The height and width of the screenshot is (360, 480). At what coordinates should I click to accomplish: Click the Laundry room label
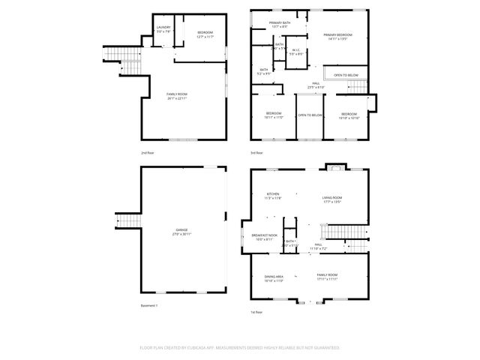tap(163, 29)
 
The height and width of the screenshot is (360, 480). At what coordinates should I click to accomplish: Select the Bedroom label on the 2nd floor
tap(205, 34)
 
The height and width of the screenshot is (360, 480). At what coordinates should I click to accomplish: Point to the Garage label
tap(182, 231)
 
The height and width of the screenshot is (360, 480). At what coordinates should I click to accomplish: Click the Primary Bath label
tap(280, 24)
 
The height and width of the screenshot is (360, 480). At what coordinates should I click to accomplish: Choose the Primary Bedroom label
tap(338, 37)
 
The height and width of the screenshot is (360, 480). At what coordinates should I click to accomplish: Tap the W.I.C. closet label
tap(297, 52)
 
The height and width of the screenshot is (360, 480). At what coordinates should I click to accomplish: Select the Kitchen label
tap(272, 196)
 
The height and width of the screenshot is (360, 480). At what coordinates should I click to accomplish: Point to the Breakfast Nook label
tap(262, 238)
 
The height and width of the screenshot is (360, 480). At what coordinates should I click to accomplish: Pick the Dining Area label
tap(274, 278)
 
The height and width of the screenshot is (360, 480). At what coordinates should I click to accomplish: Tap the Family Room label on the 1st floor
tap(327, 277)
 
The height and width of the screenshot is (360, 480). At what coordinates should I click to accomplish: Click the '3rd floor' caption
tap(256, 152)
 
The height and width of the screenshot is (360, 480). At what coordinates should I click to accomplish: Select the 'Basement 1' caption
tap(149, 306)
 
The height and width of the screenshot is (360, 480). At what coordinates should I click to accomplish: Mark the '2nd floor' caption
tap(148, 152)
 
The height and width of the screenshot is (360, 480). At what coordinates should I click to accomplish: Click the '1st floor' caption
tap(256, 311)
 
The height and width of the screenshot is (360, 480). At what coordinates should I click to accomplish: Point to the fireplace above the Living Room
tap(331, 167)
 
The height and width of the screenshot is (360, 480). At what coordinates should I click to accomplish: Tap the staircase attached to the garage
tap(124, 222)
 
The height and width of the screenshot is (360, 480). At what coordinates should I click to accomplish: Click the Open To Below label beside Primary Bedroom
tap(346, 76)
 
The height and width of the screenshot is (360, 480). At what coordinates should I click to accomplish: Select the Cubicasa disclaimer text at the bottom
tap(239, 348)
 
